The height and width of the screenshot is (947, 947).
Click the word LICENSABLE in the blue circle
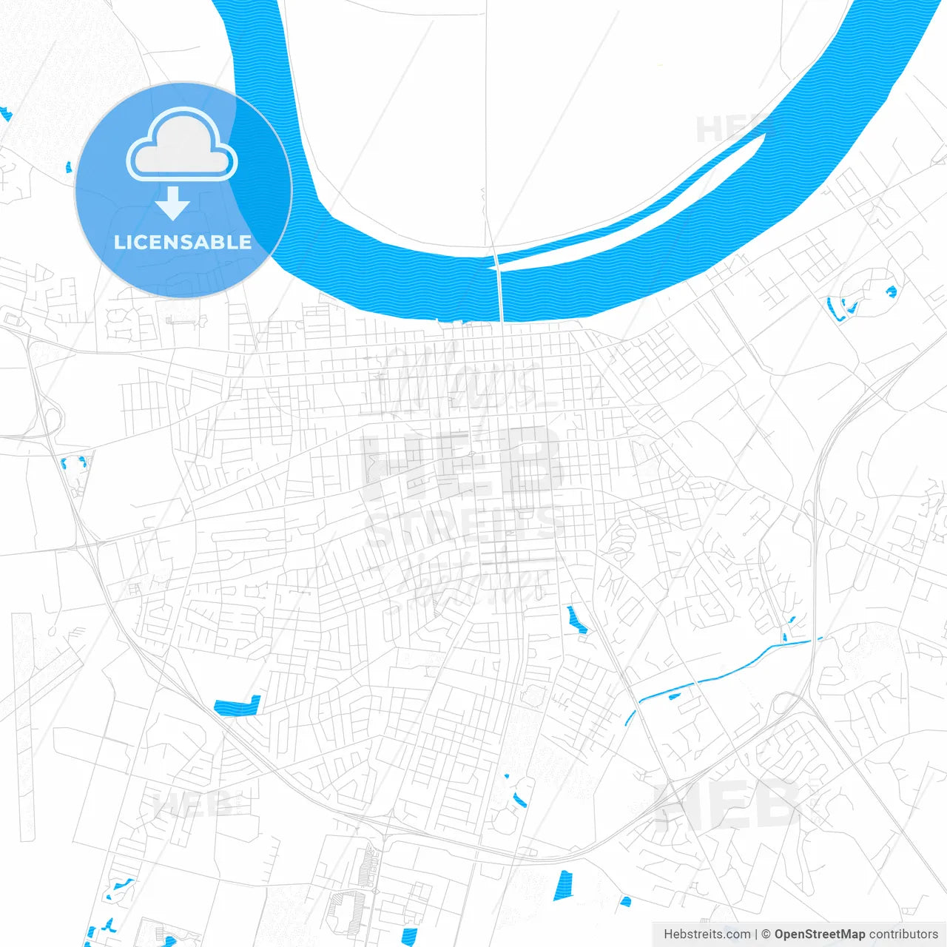click(x=183, y=242)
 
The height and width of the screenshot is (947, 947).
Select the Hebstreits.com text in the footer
click(x=707, y=934)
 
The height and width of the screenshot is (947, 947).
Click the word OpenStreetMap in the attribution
click(x=819, y=934)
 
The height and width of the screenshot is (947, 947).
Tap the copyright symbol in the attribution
click(x=766, y=934)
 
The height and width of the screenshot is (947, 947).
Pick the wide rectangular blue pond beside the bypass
click(x=238, y=707)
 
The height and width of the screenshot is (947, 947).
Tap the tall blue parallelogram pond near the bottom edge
click(x=563, y=886)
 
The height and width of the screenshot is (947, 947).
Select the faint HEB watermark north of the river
click(x=729, y=129)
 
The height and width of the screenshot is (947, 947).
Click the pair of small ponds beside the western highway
click(x=73, y=464)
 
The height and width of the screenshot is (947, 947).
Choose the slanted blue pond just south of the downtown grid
click(x=576, y=620)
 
